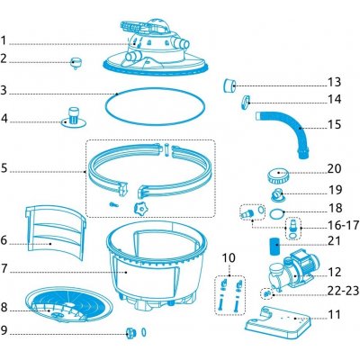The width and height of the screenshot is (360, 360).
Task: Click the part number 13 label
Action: click(x=335, y=82)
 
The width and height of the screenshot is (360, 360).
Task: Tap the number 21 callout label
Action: click(x=335, y=241)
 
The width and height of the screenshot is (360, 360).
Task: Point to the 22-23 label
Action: click(x=344, y=291)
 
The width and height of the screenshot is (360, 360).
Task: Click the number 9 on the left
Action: click(x=4, y=330)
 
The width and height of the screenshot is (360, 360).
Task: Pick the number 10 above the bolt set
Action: click(x=229, y=258)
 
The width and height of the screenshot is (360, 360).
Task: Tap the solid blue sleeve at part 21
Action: click(x=274, y=246)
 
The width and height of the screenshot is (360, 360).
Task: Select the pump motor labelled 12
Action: click(x=292, y=273)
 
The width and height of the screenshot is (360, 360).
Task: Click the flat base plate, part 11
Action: click(x=277, y=323)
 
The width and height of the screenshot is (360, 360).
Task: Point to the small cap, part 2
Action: click(x=76, y=63)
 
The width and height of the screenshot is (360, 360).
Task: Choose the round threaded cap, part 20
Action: click(x=278, y=175)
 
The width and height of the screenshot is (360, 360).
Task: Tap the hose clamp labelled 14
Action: click(x=246, y=102)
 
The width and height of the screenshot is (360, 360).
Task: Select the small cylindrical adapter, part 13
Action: click(x=229, y=85)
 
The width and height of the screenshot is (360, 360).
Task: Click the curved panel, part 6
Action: click(x=56, y=232)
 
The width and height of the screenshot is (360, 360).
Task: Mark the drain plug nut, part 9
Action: click(x=130, y=333)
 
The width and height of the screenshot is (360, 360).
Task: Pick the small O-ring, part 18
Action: click(x=277, y=214)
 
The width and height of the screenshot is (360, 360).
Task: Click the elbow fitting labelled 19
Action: click(x=276, y=195)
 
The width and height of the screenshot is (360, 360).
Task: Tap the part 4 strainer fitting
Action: click(x=74, y=117)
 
